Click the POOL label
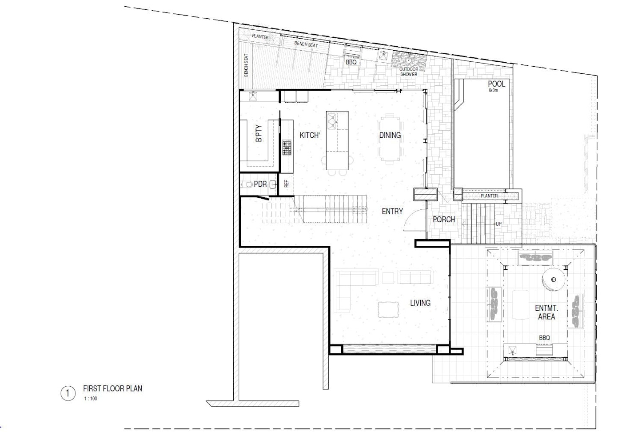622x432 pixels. pos(497,84)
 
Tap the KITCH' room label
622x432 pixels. pos(310,135)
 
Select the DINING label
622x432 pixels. pos(390,135)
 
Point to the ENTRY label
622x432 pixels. pos(392,212)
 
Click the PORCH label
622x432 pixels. pos(444,220)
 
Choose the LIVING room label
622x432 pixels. pos(420,303)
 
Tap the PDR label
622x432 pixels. pos(260,184)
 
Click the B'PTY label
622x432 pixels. pos(259,133)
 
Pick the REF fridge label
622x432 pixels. pos(287,184)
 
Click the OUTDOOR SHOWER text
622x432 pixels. pos(408,72)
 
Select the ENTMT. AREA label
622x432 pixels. pos(546,312)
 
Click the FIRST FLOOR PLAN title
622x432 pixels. pos(112,388)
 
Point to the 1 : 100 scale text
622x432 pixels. pos(91,399)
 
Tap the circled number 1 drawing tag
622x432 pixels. pos(68,393)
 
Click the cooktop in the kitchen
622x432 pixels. pos(287,148)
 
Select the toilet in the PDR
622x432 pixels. pos(247,184)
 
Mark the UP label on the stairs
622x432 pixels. pos(498,224)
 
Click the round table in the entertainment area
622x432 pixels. pos(554,280)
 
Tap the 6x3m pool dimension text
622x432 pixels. pos(493,90)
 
